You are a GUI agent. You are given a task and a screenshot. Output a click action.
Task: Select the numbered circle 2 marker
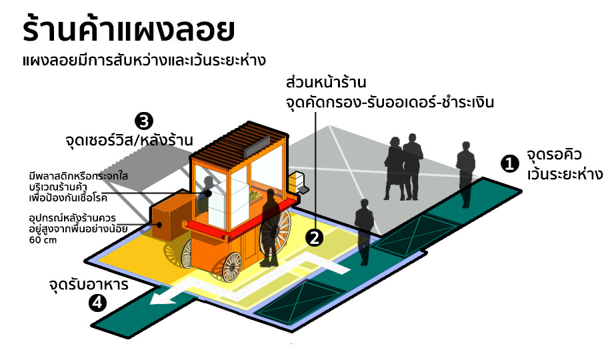[314, 236]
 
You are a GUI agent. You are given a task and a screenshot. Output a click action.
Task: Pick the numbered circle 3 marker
[144, 121]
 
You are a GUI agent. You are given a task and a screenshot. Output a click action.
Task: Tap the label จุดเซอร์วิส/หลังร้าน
[129, 141]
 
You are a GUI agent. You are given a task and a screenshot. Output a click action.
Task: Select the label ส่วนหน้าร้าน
[327, 84]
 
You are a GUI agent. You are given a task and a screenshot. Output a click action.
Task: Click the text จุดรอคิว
[554, 155]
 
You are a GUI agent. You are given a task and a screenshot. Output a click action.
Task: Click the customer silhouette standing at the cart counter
[271, 227]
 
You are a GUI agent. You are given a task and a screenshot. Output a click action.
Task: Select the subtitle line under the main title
[143, 61]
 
